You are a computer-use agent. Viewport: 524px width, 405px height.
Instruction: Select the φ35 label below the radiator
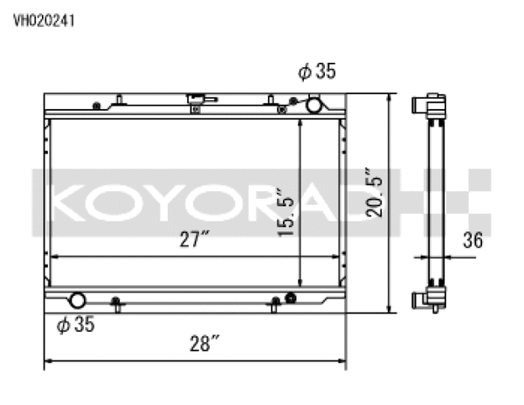pyautogui.click(x=75, y=326)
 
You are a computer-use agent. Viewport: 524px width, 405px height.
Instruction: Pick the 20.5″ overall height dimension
pyautogui.click(x=373, y=198)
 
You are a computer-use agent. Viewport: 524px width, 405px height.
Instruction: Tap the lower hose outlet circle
pyautogui.click(x=77, y=300)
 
